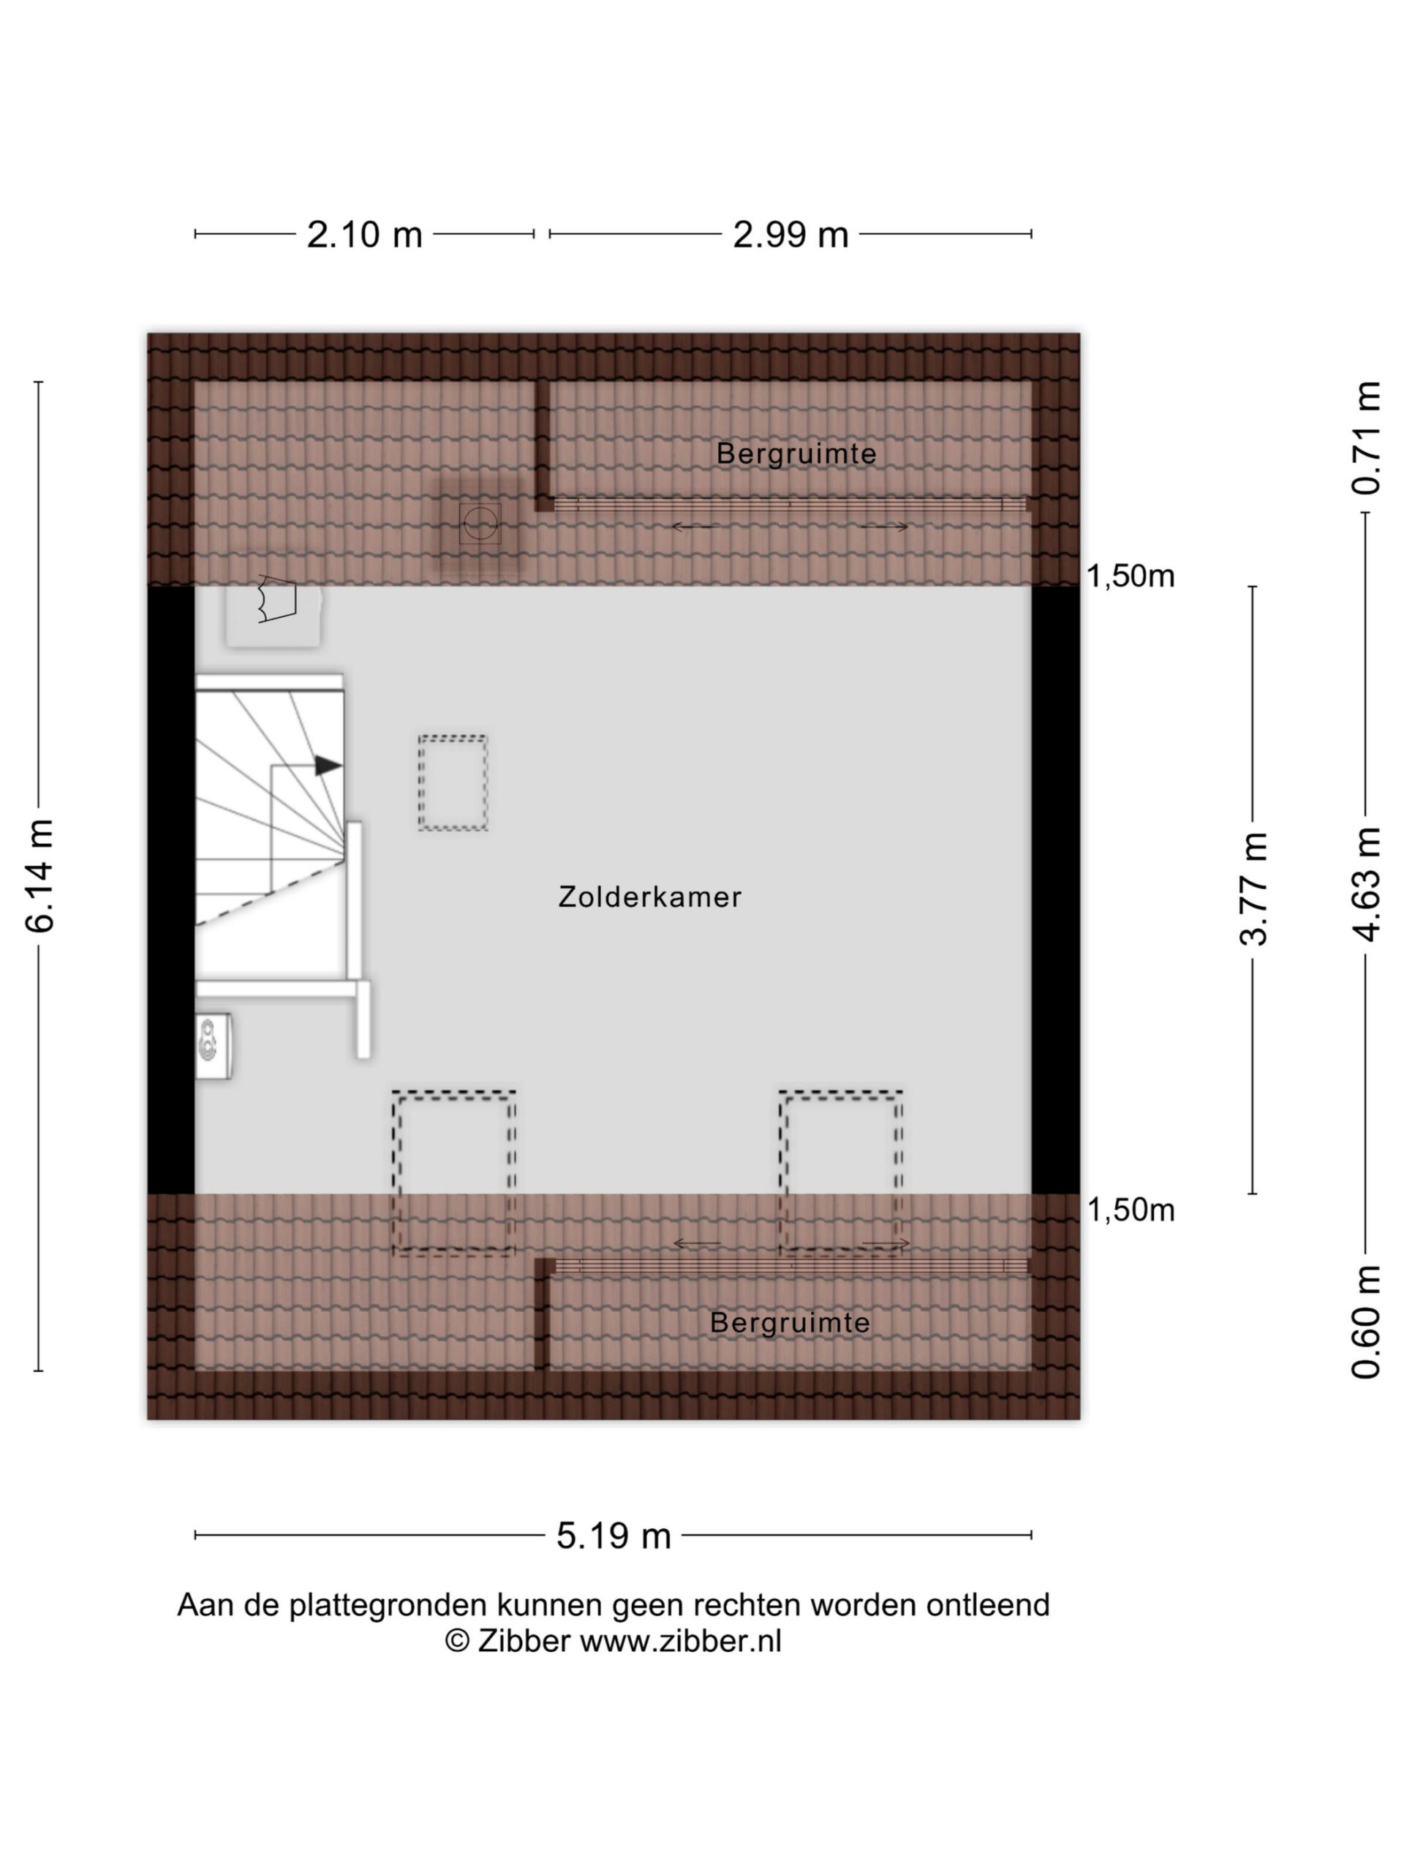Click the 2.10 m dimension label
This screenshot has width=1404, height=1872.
click(x=364, y=235)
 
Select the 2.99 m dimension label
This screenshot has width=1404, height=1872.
click(x=790, y=235)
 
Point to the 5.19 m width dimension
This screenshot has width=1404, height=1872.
click(x=614, y=1535)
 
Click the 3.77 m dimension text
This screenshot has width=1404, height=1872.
click(x=1253, y=888)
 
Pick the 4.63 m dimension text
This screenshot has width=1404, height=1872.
click(x=1366, y=883)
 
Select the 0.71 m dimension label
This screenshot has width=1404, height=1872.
click(x=1366, y=437)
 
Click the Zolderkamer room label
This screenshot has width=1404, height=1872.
click(x=650, y=897)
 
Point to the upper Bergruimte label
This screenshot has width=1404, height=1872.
click(x=796, y=453)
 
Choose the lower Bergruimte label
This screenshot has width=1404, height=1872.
click(x=790, y=1323)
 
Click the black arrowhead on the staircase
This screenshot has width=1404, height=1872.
click(x=328, y=766)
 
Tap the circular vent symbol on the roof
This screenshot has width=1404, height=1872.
click(x=480, y=524)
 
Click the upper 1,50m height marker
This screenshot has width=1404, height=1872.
click(x=1131, y=576)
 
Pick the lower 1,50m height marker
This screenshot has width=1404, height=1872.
click(x=1131, y=1211)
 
